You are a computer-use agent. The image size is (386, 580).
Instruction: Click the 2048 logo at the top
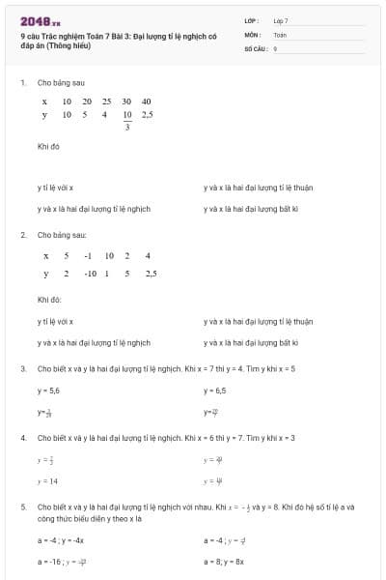pos(40,21)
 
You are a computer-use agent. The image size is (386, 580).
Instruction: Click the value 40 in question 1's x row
pos(146,101)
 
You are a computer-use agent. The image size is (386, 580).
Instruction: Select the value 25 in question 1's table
pos(106,101)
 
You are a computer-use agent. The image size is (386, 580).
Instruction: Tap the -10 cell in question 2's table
pos(91,275)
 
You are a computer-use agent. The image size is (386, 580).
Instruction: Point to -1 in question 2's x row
pos(88,256)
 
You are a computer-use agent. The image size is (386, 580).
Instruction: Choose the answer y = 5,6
pos(48,391)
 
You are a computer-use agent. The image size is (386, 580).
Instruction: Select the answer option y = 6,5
pos(214,391)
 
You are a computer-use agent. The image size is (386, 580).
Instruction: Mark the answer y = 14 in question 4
pos(47,480)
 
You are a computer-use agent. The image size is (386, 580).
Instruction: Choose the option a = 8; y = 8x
pos(224,561)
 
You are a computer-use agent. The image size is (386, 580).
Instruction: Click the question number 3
pos(22,368)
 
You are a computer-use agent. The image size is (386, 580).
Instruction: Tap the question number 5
pos(22,506)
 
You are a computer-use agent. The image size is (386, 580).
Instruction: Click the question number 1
pos(22,83)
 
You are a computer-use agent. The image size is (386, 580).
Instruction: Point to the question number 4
pos(22,438)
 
